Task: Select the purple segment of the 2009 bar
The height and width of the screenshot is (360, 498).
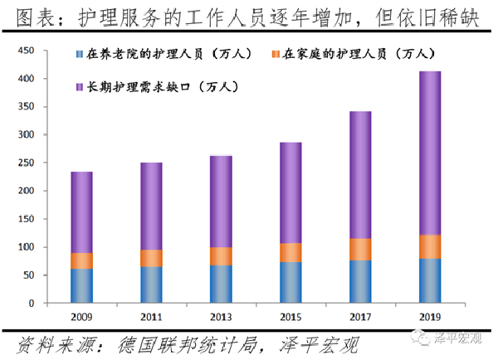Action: (81, 212)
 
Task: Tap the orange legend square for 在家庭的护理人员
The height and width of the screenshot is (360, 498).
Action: (275, 56)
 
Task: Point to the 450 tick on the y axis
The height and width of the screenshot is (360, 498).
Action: (27, 51)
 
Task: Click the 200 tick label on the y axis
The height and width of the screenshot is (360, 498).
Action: (27, 191)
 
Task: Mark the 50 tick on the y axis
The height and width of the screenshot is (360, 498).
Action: (29, 275)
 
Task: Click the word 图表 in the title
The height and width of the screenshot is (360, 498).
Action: (32, 16)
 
